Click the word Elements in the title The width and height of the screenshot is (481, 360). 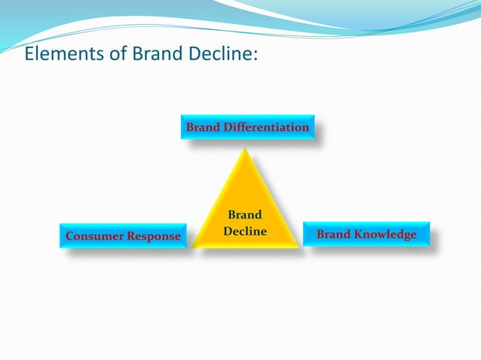pyautogui.click(x=57, y=54)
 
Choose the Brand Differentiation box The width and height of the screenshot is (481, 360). pyautogui.click(x=247, y=128)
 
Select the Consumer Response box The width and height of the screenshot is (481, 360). pyautogui.click(x=123, y=236)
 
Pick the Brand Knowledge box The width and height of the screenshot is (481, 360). pyautogui.click(x=366, y=235)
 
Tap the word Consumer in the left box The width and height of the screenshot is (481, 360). pyautogui.click(x=93, y=236)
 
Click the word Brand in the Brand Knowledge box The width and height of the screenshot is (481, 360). pyautogui.click(x=332, y=235)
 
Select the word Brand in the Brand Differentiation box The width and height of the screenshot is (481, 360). pyautogui.click(x=203, y=128)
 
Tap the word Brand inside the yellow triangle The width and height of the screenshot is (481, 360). pyautogui.click(x=245, y=216)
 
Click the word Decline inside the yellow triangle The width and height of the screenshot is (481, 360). pyautogui.click(x=245, y=231)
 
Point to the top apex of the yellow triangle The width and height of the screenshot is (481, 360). pyautogui.click(x=246, y=148)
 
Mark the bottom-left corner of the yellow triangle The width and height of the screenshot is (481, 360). pyautogui.click(x=194, y=246)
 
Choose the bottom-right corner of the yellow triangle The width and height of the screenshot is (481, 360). pyautogui.click(x=299, y=246)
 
